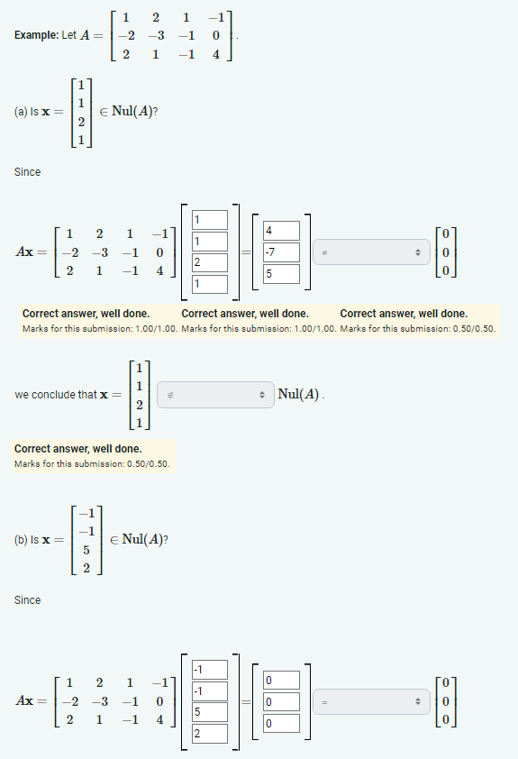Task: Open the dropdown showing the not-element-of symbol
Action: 214,395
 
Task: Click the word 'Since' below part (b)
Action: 27,599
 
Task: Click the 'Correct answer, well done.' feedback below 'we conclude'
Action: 77,448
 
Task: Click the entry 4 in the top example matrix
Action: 216,54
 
